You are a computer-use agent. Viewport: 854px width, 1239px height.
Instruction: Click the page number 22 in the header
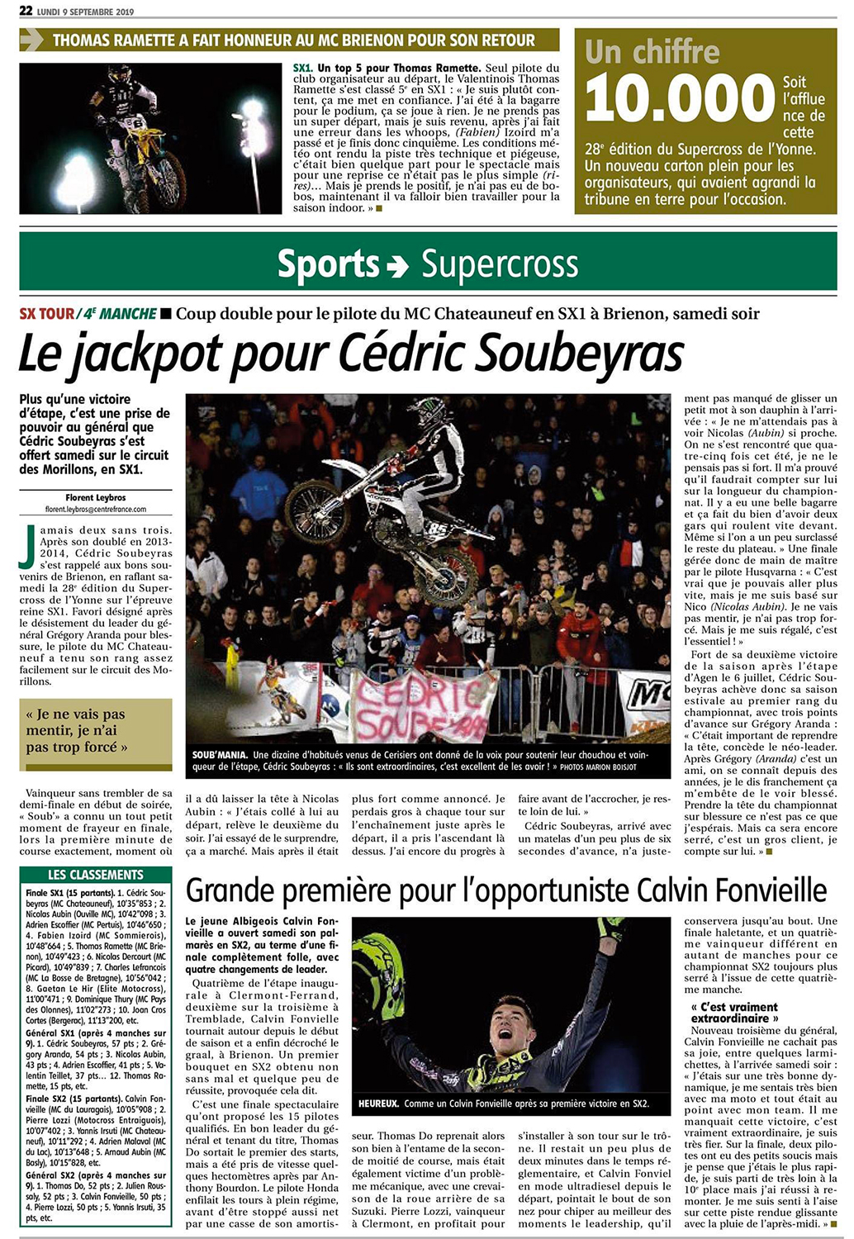pos(26,11)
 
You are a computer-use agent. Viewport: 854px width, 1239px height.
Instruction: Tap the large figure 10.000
pos(679,99)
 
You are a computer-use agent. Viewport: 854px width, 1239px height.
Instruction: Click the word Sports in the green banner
pos(328,264)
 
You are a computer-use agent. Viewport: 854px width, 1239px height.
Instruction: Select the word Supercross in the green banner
pos(500,264)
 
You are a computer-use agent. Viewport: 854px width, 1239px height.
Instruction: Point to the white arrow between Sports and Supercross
pos(398,266)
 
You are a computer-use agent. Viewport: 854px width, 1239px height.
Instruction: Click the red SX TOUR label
pos(46,314)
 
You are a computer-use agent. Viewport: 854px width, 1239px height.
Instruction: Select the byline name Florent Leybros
pos(96,497)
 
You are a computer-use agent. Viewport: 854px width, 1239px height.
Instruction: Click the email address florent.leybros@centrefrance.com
pos(96,509)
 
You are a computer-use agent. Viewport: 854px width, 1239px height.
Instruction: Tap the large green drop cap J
pos(30,544)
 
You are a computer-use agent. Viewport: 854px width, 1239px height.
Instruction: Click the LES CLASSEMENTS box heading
pos(96,875)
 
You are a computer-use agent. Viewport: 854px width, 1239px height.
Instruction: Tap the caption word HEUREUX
pos(377,1104)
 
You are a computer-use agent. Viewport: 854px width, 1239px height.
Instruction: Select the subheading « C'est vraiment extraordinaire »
pos(734,1013)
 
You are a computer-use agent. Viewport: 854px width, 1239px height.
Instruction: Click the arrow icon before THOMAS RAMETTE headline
pos(32,40)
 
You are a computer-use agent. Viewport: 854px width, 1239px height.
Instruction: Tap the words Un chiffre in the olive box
pos(652,52)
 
